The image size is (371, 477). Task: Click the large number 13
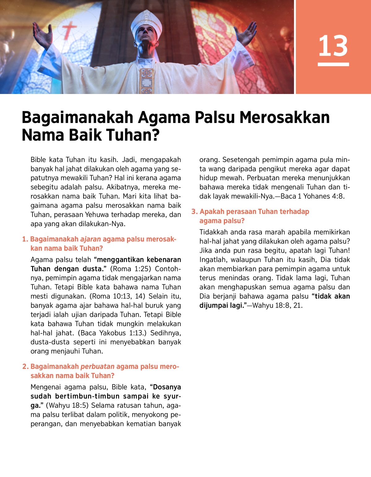point(333,46)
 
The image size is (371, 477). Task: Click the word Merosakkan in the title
point(284,118)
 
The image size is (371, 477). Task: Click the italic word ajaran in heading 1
point(91,239)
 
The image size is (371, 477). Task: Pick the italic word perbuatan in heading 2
point(97,367)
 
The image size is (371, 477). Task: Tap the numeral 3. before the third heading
point(194,212)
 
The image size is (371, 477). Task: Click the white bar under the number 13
point(333,64)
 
